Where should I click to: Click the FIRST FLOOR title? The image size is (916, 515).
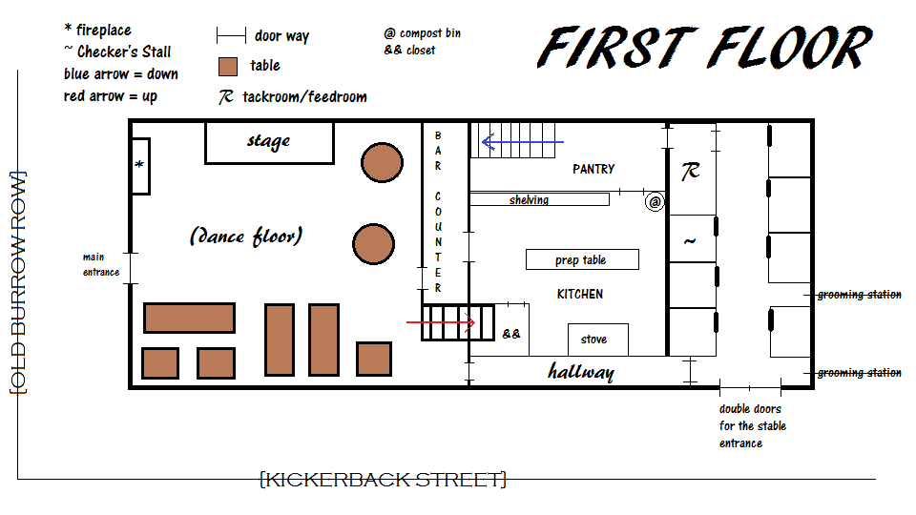[704, 49]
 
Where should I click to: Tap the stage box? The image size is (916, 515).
[269, 142]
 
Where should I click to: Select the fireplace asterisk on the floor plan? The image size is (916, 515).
[139, 166]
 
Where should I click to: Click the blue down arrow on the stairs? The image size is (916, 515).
[523, 143]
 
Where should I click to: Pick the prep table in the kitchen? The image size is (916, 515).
[581, 259]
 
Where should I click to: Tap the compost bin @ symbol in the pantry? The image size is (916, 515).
[654, 202]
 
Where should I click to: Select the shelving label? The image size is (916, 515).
[529, 199]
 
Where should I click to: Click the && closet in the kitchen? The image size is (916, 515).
[511, 334]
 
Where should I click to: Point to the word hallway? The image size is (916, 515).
[580, 371]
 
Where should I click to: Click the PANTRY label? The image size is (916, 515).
[593, 169]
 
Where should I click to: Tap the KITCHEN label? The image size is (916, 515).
[580, 294]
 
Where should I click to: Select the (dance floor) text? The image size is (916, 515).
[246, 236]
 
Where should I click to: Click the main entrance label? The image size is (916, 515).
[100, 264]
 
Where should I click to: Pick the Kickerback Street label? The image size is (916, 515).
[384, 479]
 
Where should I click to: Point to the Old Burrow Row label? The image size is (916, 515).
[17, 282]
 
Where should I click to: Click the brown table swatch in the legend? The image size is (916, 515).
[228, 66]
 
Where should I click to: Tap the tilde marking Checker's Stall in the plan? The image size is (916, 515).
[689, 241]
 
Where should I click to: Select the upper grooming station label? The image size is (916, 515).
[859, 295]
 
